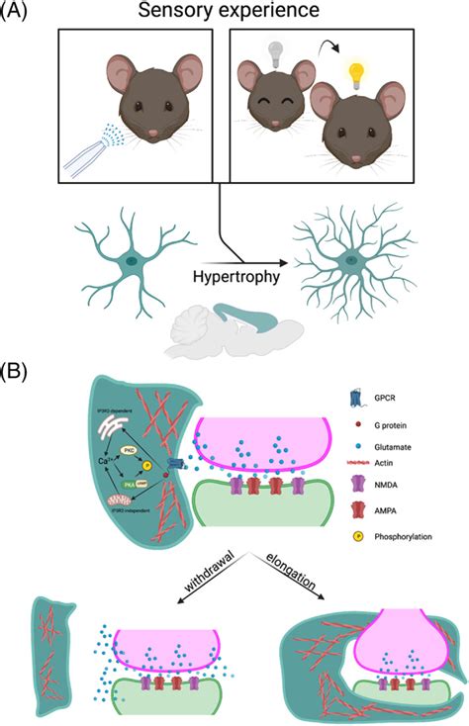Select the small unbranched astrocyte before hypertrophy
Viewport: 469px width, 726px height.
[131, 259]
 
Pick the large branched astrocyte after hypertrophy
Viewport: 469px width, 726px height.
[349, 260]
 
